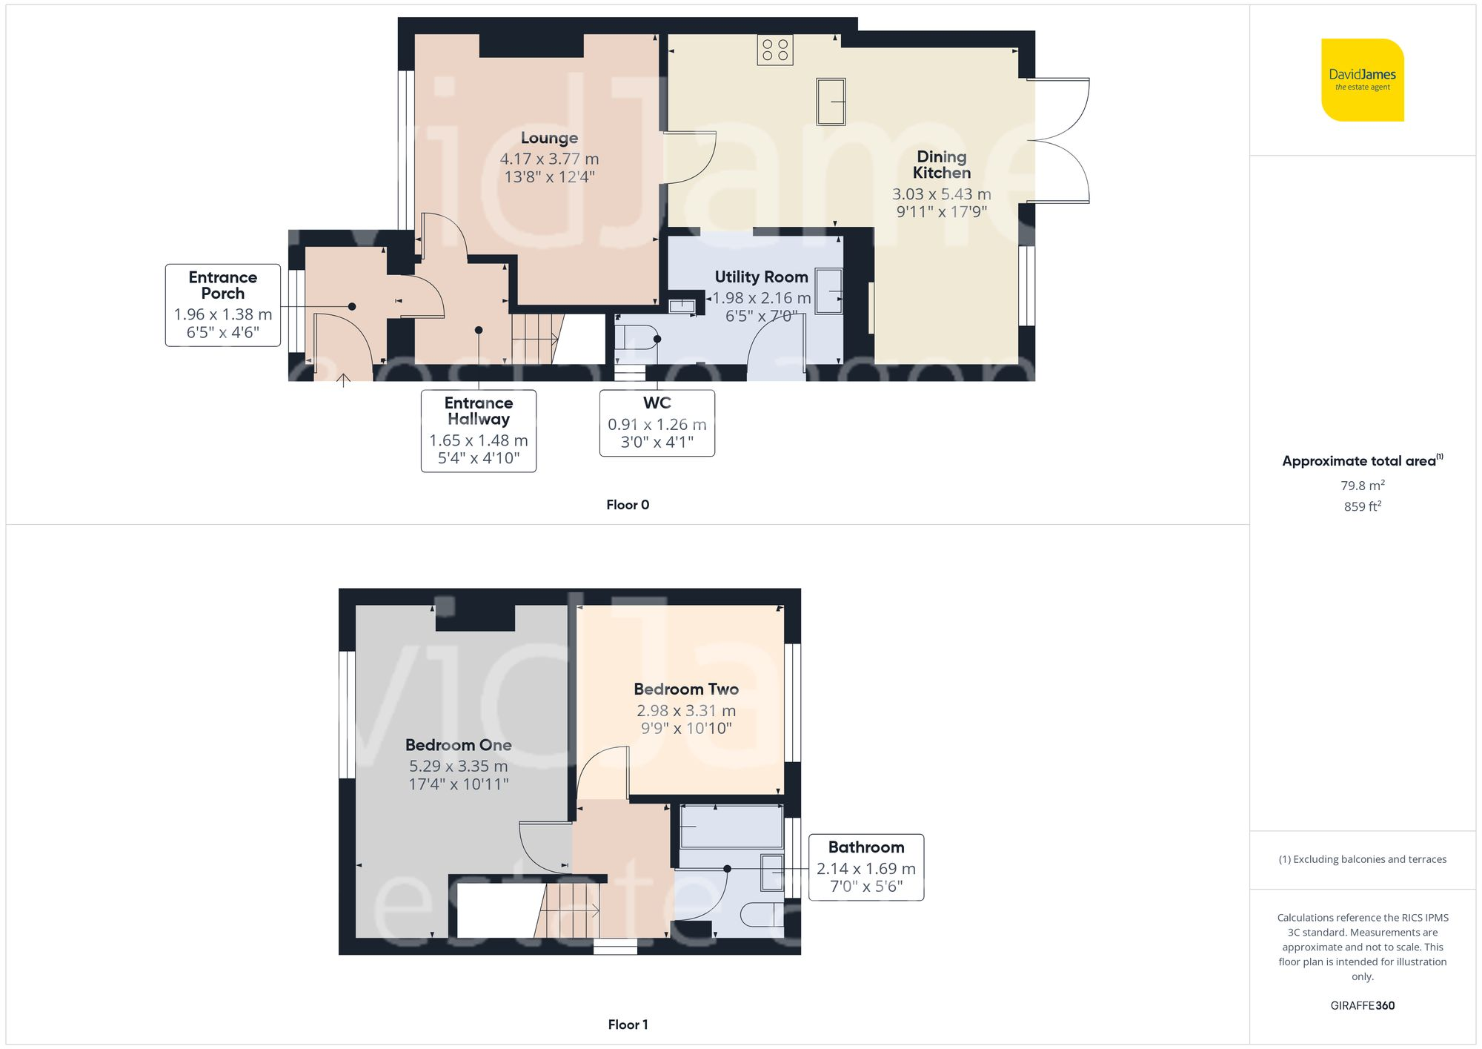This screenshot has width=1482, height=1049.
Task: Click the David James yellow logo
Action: coord(1362,80)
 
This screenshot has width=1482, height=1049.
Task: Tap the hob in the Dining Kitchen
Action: coord(775,50)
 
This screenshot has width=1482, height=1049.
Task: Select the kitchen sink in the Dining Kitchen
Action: coord(831,102)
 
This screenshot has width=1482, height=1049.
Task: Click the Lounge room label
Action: coord(549,138)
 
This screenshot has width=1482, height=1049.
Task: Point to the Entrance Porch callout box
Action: coord(222,305)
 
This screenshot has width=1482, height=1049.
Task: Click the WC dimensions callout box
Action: coord(657,423)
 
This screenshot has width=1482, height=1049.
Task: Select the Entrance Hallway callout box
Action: coord(478,431)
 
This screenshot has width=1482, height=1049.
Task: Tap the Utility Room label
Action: coord(761,277)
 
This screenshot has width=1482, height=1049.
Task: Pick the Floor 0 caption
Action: coord(627,505)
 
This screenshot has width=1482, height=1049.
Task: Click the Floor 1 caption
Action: coord(627,1025)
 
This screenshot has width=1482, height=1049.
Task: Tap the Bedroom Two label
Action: coord(686,689)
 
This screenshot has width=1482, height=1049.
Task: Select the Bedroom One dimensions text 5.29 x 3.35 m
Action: coord(458,766)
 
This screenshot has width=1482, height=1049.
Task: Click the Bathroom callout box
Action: coord(865,867)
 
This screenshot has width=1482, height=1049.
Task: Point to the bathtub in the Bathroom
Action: coord(731,827)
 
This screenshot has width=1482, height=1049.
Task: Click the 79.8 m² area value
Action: coord(1362,486)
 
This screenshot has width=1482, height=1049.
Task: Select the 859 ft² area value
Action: coord(1362,506)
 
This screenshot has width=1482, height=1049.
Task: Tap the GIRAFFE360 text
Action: coord(1362,1005)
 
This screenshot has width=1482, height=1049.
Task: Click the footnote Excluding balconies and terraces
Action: coord(1362,859)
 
